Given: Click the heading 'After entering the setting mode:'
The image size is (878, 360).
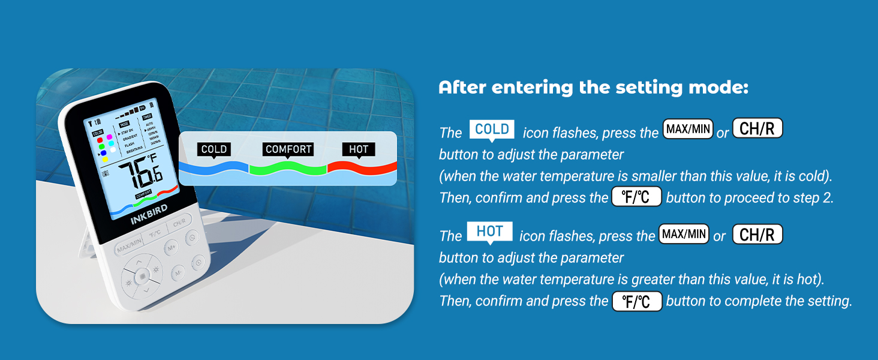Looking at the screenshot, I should tap(594, 88).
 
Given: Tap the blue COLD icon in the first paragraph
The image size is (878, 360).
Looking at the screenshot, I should tap(492, 130).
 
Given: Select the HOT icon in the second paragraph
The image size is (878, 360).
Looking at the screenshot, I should tap(489, 232).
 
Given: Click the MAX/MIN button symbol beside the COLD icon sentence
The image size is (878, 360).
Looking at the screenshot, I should tap(687, 130).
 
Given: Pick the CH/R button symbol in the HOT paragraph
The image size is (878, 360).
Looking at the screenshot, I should tap(757, 235).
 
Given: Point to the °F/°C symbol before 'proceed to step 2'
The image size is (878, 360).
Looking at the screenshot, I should tap(636, 197).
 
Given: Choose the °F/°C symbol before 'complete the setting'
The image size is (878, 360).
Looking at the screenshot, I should tap(637, 301).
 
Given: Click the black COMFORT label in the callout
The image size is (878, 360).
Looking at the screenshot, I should tap(288, 149).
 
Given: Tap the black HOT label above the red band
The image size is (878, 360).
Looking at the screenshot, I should tap(358, 149).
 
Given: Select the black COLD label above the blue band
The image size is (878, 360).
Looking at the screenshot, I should tap(214, 149).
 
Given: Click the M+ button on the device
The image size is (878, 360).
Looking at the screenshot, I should tap(171, 247).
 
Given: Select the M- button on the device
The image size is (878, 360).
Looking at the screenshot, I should tap(178, 273).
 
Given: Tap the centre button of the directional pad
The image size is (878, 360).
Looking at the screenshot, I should tap(142, 276).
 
